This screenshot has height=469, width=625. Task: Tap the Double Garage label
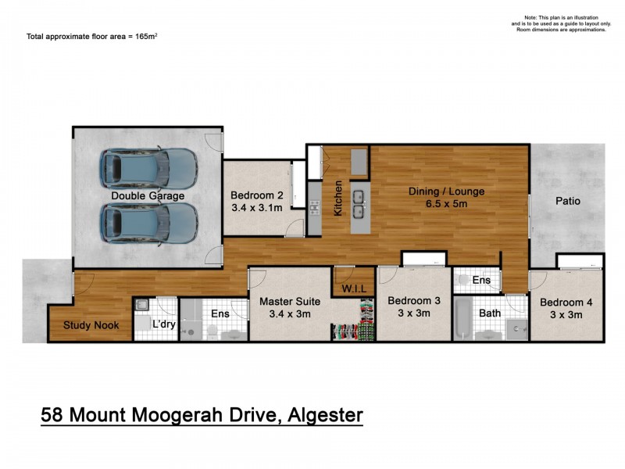(x=148, y=195)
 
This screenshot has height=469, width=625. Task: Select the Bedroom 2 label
(x=256, y=195)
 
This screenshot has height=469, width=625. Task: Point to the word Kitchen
(x=339, y=199)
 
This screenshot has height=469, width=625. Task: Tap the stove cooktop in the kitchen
(x=314, y=207)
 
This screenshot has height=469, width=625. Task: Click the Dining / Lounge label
(x=447, y=192)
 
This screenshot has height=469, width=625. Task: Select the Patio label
(x=568, y=201)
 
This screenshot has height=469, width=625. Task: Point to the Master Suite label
(x=285, y=301)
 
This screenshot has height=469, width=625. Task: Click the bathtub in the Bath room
(x=463, y=319)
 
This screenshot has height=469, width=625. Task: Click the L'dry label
(x=165, y=324)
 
